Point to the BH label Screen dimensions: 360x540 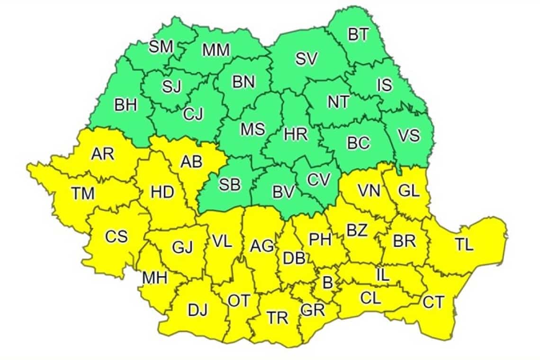[126, 105]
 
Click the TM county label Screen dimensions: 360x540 [83, 193]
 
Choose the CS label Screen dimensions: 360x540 [116, 236]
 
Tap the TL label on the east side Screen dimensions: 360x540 [464, 244]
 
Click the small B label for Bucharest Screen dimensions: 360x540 [327, 283]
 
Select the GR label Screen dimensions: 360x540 [313, 310]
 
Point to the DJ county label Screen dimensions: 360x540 [198, 311]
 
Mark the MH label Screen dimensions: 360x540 [154, 278]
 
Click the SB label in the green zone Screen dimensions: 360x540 [229, 185]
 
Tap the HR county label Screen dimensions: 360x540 [296, 134]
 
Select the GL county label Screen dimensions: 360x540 [408, 191]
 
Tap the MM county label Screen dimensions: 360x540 [216, 50]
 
